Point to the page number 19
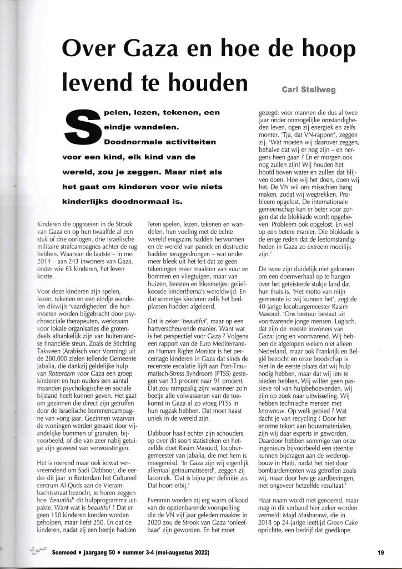pos(380,552)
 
